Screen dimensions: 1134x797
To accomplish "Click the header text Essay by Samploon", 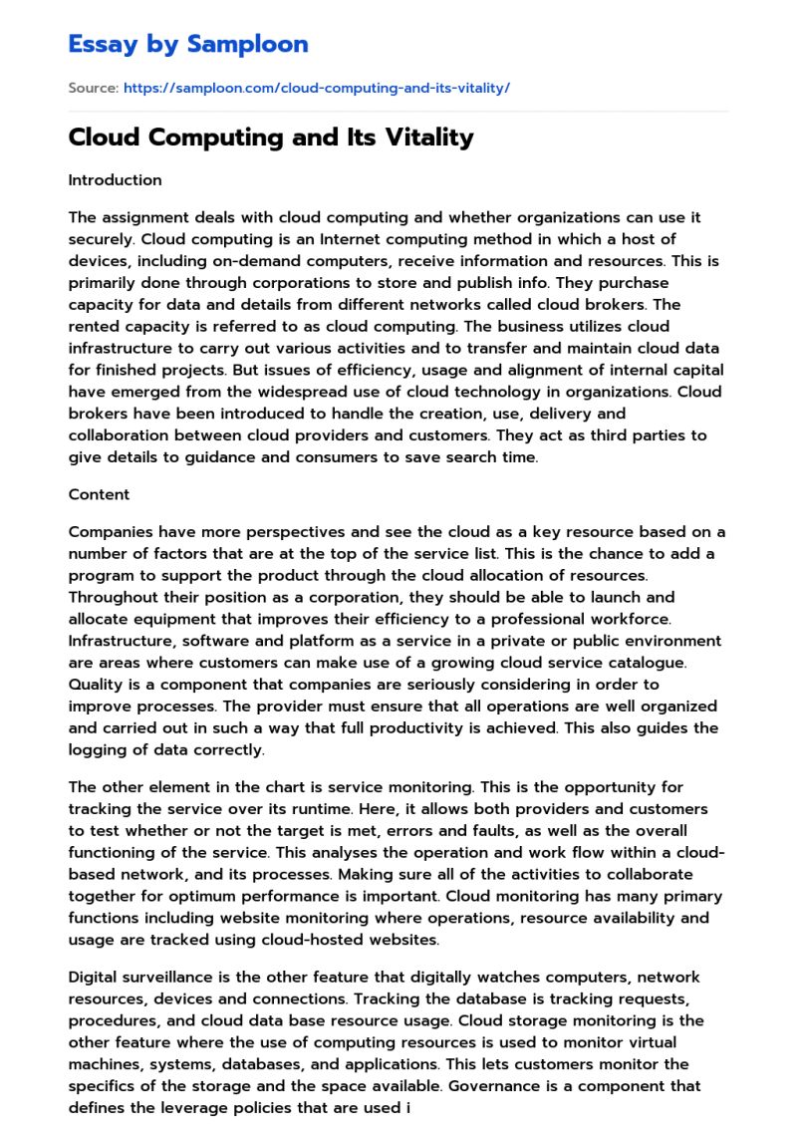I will click(x=188, y=44).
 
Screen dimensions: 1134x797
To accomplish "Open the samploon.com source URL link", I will click(x=316, y=89).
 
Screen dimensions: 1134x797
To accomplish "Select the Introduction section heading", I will click(x=115, y=180).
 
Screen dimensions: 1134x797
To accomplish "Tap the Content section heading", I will click(x=99, y=494).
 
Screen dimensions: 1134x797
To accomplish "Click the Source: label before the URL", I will click(x=93, y=89).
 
